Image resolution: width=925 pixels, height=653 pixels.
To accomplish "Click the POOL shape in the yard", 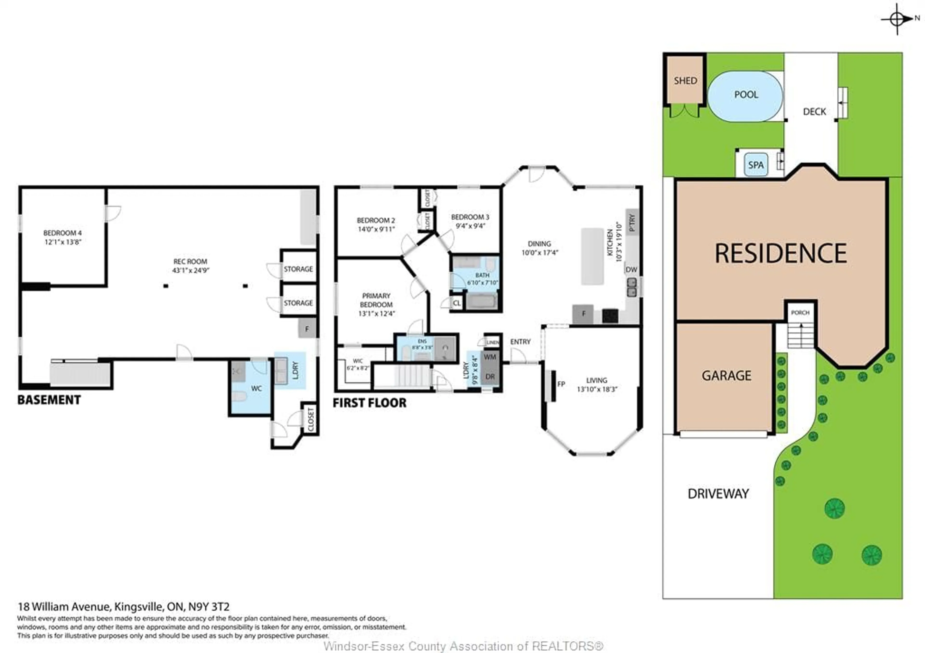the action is pyautogui.click(x=745, y=97).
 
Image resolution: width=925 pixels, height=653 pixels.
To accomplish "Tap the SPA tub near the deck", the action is pyautogui.click(x=756, y=165).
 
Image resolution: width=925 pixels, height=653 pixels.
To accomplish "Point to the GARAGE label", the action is pyautogui.click(x=726, y=376).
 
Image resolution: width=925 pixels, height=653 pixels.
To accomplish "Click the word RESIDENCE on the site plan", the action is pyautogui.click(x=781, y=253).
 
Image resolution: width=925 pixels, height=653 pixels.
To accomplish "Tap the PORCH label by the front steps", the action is pyautogui.click(x=800, y=313).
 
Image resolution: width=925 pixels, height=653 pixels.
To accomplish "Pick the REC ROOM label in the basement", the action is pyautogui.click(x=190, y=261).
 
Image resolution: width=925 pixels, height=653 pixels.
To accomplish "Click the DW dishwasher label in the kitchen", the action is pyautogui.click(x=631, y=270).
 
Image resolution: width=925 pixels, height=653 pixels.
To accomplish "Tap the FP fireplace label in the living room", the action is pyautogui.click(x=561, y=384).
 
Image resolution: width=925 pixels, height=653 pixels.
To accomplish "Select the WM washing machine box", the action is pyautogui.click(x=490, y=357).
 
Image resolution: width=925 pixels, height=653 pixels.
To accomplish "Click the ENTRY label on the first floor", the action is pyautogui.click(x=520, y=342).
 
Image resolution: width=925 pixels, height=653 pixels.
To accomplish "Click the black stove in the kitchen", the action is pyautogui.click(x=610, y=316).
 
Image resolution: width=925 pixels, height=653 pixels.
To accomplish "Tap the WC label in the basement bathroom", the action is pyautogui.click(x=256, y=388).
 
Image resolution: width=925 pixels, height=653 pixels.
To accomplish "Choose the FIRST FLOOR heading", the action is pyautogui.click(x=370, y=403).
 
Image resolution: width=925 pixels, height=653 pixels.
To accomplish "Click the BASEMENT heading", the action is pyautogui.click(x=49, y=400).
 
